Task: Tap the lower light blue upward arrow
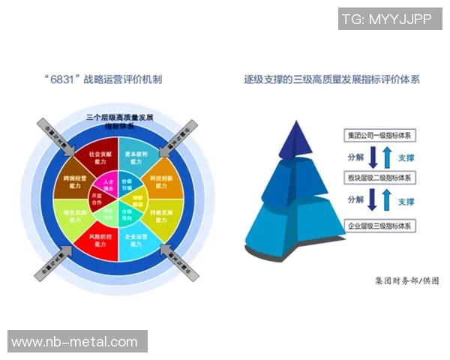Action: pyautogui.click(x=385, y=201)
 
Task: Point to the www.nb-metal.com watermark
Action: pyautogui.click(x=75, y=342)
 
